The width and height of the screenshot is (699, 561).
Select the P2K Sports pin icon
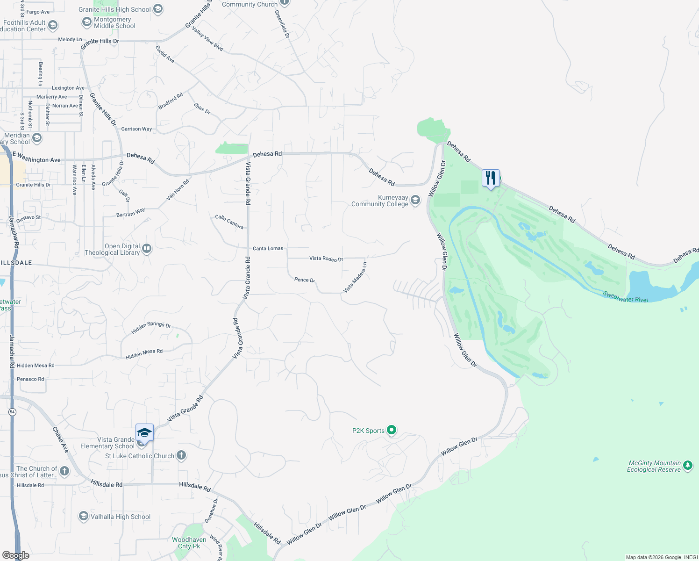(392, 430)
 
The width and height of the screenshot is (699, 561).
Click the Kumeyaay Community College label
(379, 201)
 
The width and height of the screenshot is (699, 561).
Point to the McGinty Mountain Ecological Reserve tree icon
(687, 465)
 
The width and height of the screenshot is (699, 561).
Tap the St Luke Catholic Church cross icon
(181, 455)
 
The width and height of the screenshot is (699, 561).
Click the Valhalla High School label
(121, 517)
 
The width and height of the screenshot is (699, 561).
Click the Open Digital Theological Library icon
(147, 248)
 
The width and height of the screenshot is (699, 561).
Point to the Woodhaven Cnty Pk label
(189, 543)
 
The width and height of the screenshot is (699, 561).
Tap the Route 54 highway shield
(12, 412)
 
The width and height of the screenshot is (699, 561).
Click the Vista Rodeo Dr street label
(326, 259)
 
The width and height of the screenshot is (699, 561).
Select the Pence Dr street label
(305, 280)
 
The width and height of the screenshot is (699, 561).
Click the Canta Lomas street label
(268, 249)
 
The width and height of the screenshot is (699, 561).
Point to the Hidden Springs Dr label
(151, 327)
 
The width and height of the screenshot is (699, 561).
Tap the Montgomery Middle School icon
(86, 22)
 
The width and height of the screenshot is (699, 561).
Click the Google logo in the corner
(15, 555)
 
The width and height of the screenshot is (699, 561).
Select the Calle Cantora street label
(229, 222)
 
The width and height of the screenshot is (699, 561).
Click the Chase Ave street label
(61, 439)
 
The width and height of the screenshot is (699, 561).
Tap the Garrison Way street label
(136, 129)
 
